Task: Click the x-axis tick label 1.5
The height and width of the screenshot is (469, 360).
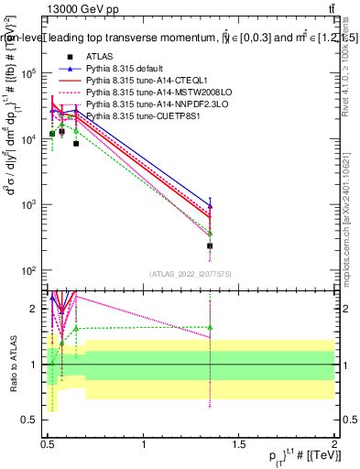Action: click(x=239, y=443)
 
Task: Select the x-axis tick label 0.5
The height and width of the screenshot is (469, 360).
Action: click(x=48, y=443)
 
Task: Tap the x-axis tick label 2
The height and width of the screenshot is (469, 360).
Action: click(x=334, y=443)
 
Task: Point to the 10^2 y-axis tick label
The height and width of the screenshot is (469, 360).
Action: click(x=27, y=271)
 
